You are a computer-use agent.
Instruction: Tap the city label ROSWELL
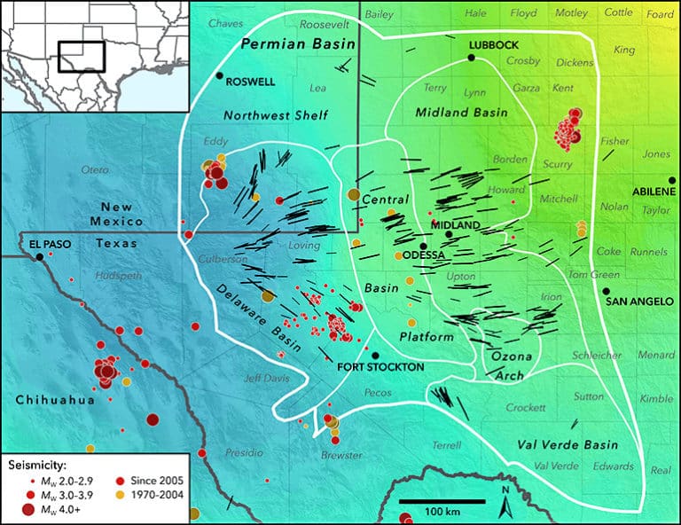click(x=251, y=81)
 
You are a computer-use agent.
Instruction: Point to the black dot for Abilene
click(x=672, y=180)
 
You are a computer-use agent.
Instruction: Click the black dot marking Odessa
click(x=424, y=247)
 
